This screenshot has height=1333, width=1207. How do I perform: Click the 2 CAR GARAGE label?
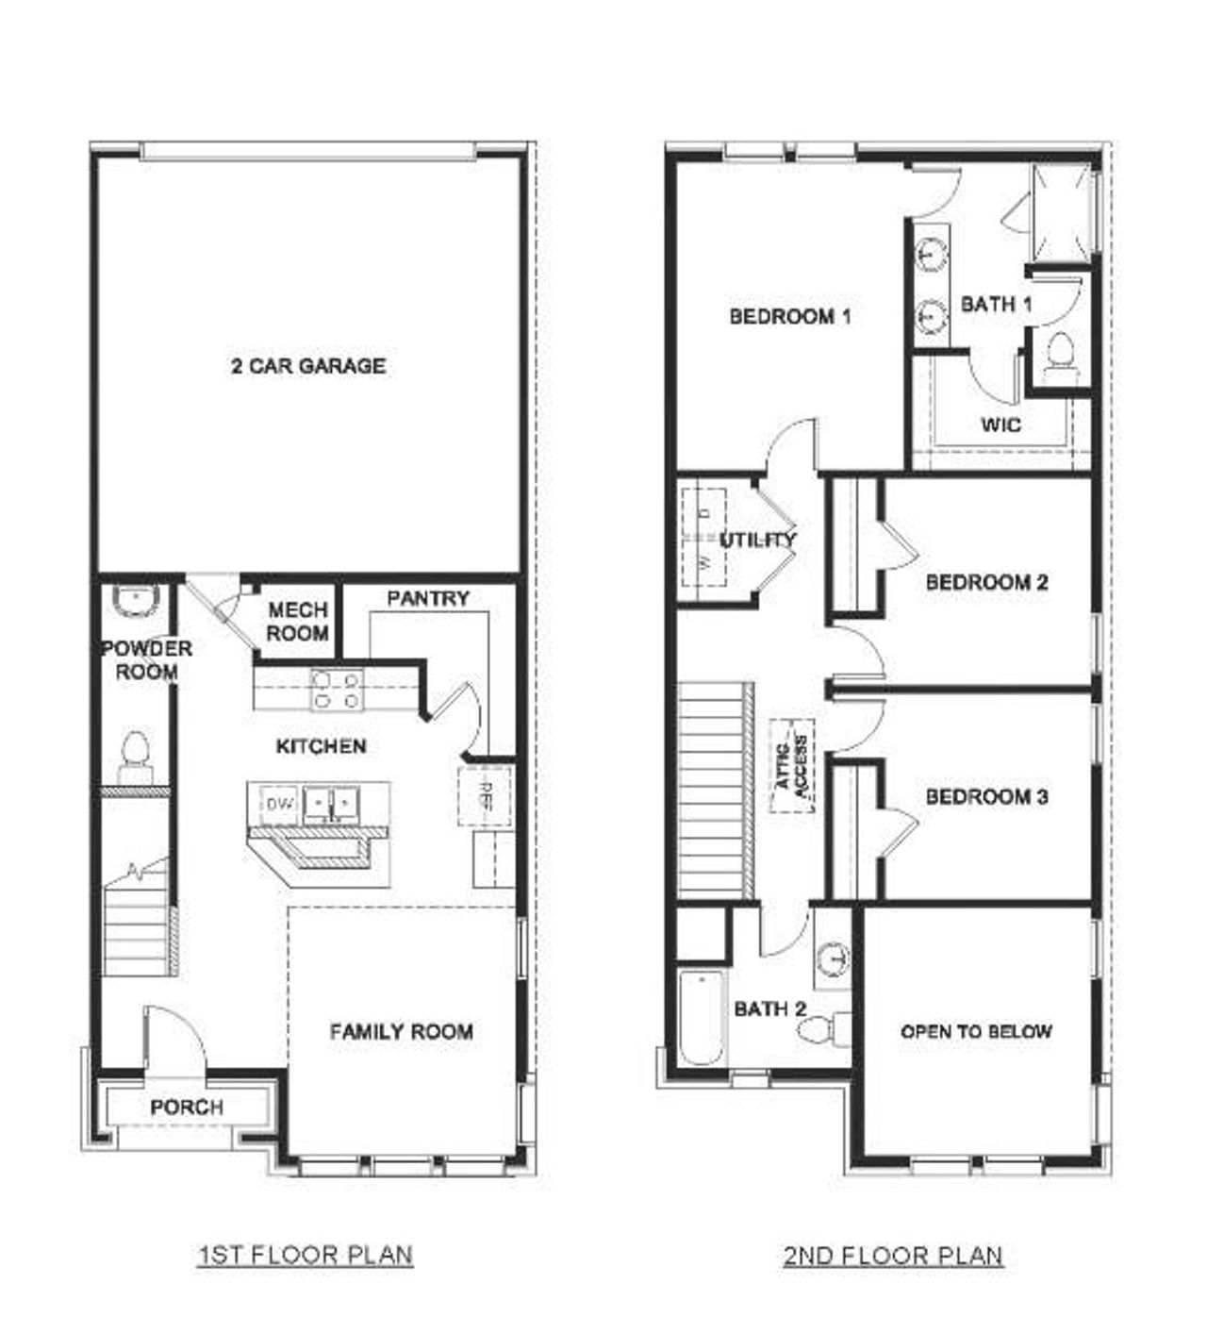pyautogui.click(x=308, y=366)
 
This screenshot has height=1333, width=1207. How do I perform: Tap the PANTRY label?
pyautogui.click(x=427, y=598)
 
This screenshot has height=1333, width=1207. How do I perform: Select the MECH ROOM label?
pyautogui.click(x=297, y=622)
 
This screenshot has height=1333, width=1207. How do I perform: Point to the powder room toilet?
pyautogui.click(x=135, y=755)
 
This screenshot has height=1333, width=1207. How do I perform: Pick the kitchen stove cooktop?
pyautogui.click(x=337, y=690)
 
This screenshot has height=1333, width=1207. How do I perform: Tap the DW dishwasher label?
pyautogui.click(x=279, y=804)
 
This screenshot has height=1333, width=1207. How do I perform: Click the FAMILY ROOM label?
pyautogui.click(x=401, y=1032)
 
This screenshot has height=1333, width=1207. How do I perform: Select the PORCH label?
pyautogui.click(x=187, y=1107)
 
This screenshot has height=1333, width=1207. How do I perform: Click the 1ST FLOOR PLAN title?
pyautogui.click(x=305, y=1256)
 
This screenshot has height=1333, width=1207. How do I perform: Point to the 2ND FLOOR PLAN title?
pyautogui.click(x=893, y=1256)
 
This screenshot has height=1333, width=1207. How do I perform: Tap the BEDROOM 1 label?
pyautogui.click(x=790, y=316)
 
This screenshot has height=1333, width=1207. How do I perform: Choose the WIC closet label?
pyautogui.click(x=1000, y=425)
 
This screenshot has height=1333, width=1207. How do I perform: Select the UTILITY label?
pyautogui.click(x=757, y=540)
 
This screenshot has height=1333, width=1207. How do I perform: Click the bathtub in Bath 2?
pyautogui.click(x=702, y=1020)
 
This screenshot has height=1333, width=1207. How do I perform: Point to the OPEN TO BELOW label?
pyautogui.click(x=976, y=1032)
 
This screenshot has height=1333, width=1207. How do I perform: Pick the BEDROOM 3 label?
pyautogui.click(x=986, y=797)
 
